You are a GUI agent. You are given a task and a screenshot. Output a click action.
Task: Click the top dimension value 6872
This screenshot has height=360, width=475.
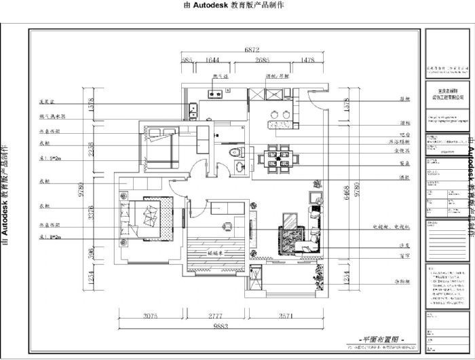[252, 50]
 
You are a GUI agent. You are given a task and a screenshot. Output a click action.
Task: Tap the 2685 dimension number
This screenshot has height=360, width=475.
[263, 60]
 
